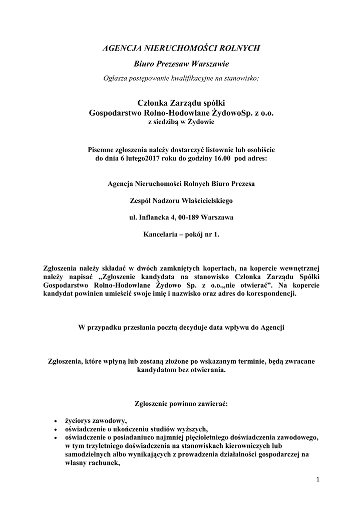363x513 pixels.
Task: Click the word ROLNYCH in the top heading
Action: [241, 49]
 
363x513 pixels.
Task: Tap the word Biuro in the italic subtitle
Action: [144, 65]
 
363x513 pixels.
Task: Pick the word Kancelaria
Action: [162, 234]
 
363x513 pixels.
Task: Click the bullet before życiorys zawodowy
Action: [55, 421]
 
